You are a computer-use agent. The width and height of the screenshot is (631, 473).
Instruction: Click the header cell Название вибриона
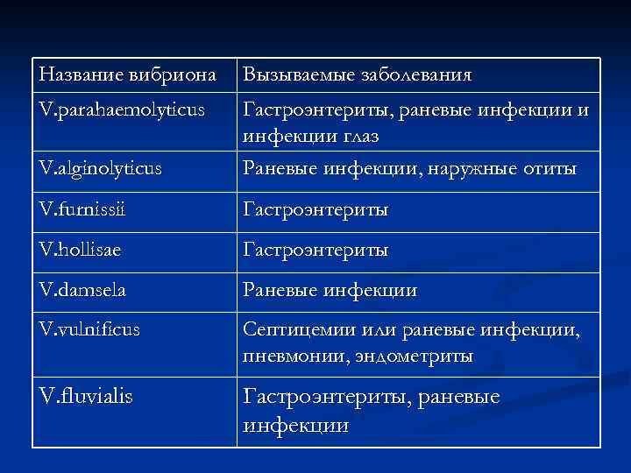pos(128,74)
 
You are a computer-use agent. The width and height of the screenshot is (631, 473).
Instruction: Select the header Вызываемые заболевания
pos(358,74)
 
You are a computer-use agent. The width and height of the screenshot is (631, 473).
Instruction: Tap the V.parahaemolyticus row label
pos(123,109)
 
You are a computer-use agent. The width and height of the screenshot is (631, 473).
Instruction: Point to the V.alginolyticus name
pos(101,166)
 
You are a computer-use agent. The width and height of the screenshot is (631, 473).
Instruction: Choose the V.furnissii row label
pos(87,209)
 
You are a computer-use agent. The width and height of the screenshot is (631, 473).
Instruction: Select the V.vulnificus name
pos(89,329)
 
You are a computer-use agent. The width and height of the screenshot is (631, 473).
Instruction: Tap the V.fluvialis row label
pos(87,397)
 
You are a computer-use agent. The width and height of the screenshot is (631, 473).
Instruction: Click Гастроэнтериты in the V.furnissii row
pos(315,209)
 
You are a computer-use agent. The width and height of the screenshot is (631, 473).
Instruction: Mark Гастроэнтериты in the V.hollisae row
pos(315,249)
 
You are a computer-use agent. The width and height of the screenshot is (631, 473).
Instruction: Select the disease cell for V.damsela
pos(330,288)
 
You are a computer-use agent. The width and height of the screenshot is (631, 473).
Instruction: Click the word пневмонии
pos(290,357)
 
